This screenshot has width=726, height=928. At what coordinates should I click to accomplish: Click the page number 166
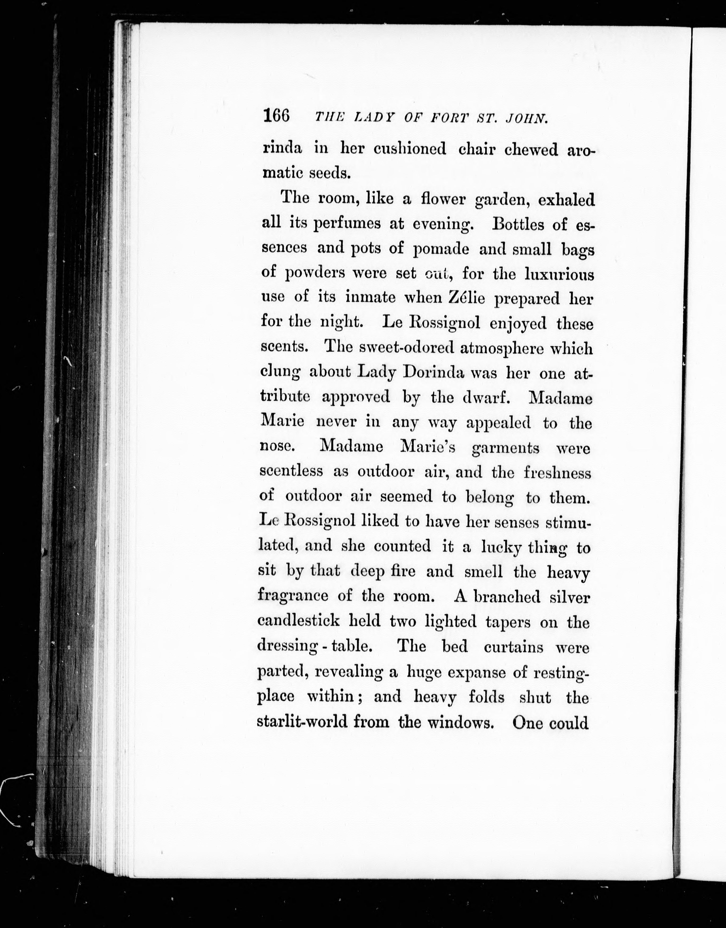tap(276, 116)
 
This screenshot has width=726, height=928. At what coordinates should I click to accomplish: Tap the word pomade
tap(441, 249)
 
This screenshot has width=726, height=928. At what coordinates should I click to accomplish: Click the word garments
tap(505, 448)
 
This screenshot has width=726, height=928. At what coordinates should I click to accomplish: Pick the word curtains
tap(513, 647)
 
